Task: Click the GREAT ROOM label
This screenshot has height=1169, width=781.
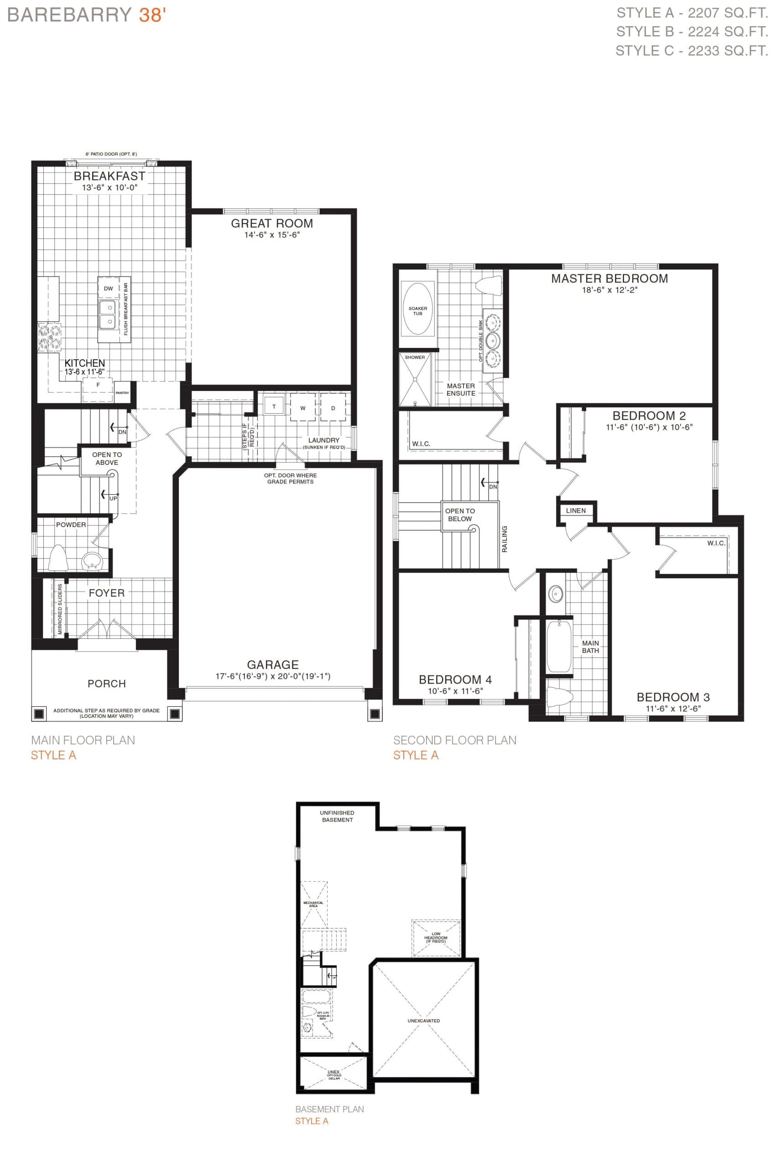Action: pos(272,223)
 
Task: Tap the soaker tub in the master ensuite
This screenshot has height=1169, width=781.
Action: pos(418,310)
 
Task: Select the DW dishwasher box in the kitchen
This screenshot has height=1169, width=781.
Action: pos(109,288)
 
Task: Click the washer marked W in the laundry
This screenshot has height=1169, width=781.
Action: pos(303,408)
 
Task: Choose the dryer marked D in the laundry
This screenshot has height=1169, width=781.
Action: pos(333,408)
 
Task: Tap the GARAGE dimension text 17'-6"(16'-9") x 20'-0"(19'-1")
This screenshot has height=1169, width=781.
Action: pos(273,676)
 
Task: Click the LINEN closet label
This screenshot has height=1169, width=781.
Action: pos(576,511)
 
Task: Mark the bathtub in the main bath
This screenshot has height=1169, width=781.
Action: pos(559,646)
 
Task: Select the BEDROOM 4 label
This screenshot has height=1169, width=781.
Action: pos(455,679)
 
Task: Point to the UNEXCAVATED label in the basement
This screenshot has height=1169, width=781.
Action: pos(424,1021)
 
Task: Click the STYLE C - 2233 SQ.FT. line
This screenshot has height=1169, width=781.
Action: pos(691,51)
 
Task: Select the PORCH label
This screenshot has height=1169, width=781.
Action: pos(107,684)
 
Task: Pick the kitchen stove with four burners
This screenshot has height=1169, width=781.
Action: pos(50,337)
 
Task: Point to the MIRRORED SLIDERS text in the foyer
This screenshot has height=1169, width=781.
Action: pos(60,609)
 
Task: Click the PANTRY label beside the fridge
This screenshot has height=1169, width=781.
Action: pos(122,393)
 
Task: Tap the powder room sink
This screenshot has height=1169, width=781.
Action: pos(92,560)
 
